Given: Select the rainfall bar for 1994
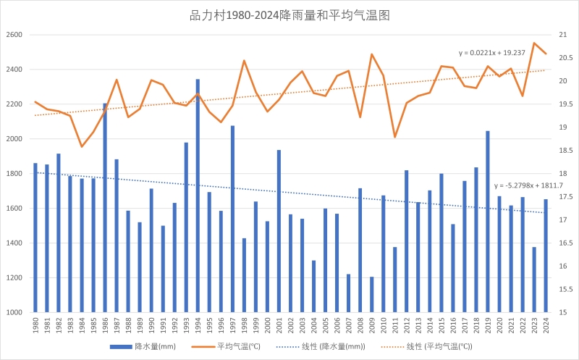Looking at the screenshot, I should [x=198, y=196].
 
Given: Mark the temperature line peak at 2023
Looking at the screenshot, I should [x=534, y=43].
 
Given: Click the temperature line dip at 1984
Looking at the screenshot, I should [x=82, y=147].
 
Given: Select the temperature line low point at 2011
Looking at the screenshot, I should [x=395, y=137].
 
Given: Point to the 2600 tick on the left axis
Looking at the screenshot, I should [x=14, y=35].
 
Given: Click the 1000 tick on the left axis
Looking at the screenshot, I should [x=14, y=312].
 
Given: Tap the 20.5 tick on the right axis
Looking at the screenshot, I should [x=565, y=58].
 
